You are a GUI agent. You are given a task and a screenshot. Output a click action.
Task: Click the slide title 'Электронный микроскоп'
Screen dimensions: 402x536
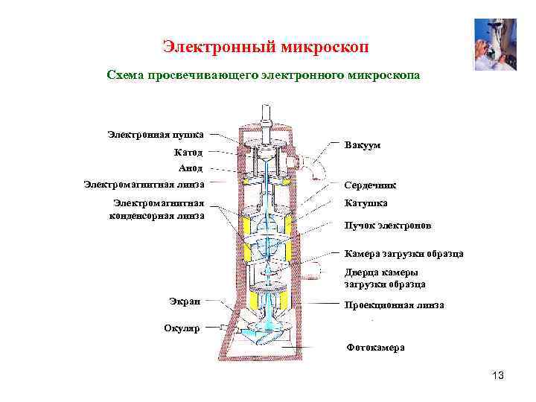[266, 47]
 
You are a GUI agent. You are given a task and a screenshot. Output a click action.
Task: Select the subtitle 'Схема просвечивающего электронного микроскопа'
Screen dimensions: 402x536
[264, 75]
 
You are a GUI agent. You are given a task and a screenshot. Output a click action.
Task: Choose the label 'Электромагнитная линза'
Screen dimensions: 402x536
[144, 184]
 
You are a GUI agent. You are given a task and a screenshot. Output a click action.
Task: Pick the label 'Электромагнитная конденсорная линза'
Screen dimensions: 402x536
[157, 209]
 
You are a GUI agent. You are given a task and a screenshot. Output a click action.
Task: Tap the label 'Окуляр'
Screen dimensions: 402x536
[182, 328]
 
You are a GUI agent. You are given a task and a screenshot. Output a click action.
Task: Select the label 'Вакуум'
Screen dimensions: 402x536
[362, 145]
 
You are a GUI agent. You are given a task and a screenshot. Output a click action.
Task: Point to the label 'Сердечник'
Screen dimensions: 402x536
[370, 185]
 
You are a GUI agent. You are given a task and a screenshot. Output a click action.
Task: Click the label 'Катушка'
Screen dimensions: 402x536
[366, 202]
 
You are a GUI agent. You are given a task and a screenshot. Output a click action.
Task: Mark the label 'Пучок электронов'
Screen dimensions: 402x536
[386, 225]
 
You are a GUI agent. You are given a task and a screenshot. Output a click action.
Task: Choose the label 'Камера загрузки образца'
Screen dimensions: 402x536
[403, 254]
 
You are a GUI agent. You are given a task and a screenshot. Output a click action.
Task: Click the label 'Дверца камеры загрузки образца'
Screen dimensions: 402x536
[385, 278]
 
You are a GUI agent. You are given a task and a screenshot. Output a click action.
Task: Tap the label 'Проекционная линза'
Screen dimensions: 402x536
[394, 305]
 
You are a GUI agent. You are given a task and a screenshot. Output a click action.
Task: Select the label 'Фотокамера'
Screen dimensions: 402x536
[376, 348]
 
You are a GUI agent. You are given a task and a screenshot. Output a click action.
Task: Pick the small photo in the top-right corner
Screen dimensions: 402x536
[495, 44]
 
